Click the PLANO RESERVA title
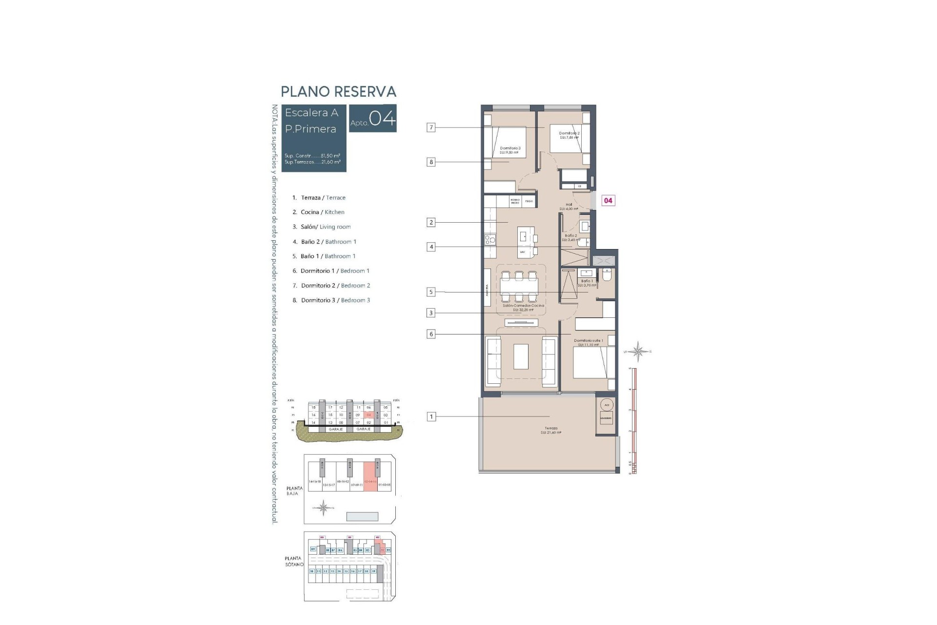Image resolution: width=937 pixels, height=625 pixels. (338, 92)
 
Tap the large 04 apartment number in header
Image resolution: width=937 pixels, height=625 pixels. (382, 119)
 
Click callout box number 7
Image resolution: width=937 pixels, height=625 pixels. (430, 127)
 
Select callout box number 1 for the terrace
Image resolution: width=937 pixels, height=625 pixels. (431, 417)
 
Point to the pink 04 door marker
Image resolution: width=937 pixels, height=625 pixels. (608, 200)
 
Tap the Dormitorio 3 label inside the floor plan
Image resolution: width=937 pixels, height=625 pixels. (510, 148)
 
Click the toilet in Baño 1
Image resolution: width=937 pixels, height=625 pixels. (607, 276)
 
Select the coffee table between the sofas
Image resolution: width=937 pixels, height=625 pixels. (521, 357)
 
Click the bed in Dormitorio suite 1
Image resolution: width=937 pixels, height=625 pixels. (590, 362)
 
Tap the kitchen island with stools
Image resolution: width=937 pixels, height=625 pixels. (526, 242)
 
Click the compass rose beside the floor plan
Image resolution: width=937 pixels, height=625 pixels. (638, 351)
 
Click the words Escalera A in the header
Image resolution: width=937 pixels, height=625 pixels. (311, 113)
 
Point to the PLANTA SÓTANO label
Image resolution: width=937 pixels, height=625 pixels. (294, 561)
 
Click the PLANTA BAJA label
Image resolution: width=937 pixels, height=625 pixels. (294, 491)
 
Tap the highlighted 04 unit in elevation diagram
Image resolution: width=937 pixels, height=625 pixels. (369, 415)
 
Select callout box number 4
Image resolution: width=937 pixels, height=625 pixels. (431, 247)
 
